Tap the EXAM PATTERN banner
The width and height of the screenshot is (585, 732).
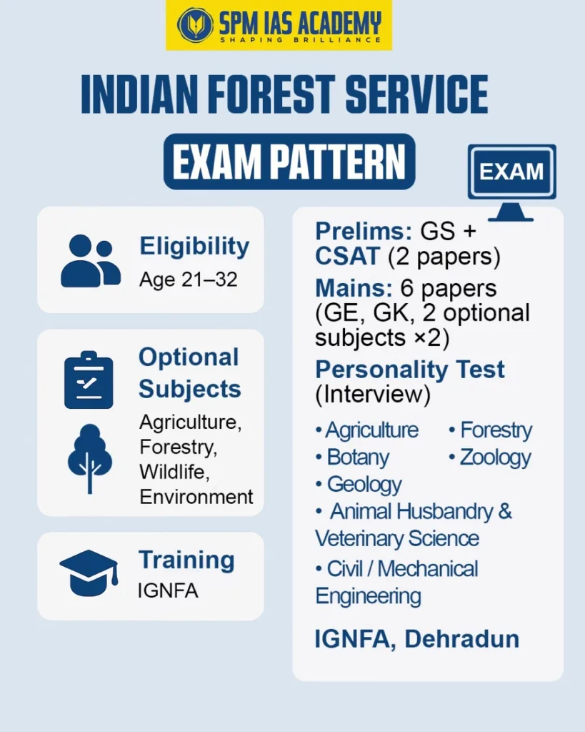(x=289, y=162)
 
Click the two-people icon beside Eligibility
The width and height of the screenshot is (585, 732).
(x=90, y=261)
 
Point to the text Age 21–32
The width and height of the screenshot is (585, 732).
(x=188, y=279)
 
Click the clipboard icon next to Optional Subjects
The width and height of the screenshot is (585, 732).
(x=89, y=380)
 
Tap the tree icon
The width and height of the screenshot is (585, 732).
(x=89, y=457)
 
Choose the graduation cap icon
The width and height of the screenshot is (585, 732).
(x=89, y=572)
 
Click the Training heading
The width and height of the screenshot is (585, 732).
(x=186, y=560)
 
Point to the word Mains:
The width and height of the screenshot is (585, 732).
(x=354, y=288)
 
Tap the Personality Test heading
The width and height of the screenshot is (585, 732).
(x=410, y=370)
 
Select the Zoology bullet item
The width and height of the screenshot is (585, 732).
(x=492, y=457)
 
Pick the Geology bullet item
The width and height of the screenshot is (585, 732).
(x=361, y=484)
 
